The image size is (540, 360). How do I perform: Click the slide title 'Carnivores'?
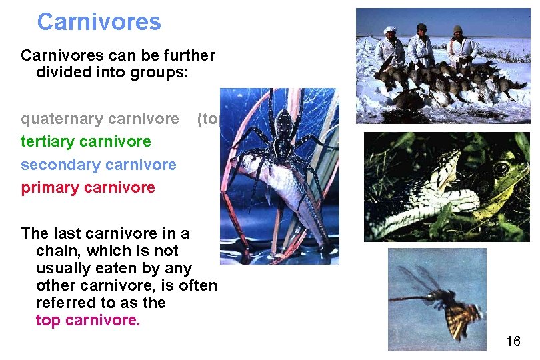click(99, 22)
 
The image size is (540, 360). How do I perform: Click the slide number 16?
click(513, 342)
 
